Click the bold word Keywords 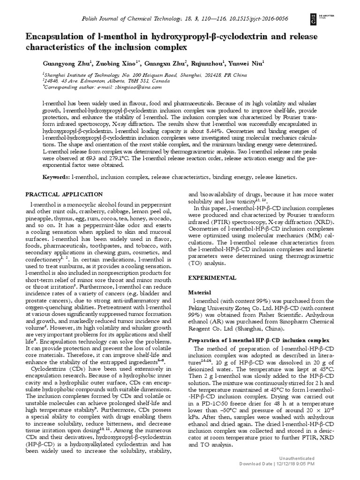coord(56,178)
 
